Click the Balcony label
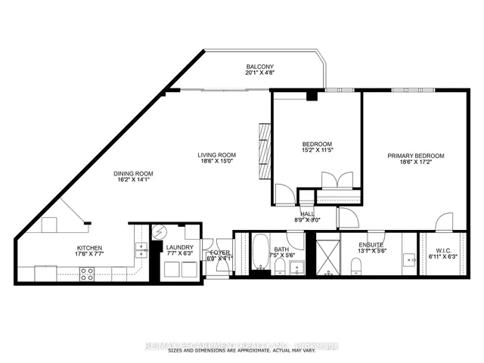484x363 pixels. click(260, 66)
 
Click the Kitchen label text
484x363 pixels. click(89, 247)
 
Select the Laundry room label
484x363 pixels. click(180, 247)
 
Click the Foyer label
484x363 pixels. click(219, 252)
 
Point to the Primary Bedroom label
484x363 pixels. click(415, 156)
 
